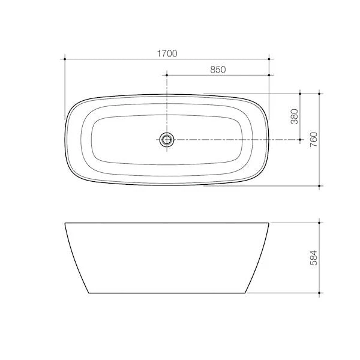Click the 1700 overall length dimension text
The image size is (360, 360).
coord(167,53)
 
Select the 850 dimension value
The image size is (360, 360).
coord(218,70)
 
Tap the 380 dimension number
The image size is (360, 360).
coord(294,116)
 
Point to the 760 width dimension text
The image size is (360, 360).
coord(313,139)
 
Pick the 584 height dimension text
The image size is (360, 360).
coord(313,258)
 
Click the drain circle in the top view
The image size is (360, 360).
coord(167,140)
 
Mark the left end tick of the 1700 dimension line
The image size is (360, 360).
coord(64,59)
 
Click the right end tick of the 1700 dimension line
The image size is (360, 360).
coord(269,59)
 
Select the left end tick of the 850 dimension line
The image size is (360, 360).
coord(167,76)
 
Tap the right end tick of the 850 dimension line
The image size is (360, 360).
coord(269,76)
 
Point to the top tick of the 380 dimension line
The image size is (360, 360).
coord(299,94)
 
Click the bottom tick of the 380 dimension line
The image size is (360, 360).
coord(299,140)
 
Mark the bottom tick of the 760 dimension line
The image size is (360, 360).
coord(319,185)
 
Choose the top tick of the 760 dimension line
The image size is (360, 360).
coord(319,94)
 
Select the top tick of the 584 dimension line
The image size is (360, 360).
coord(319,223)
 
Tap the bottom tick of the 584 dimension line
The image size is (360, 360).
coord(319,293)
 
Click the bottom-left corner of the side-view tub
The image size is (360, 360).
coord(89,293)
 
